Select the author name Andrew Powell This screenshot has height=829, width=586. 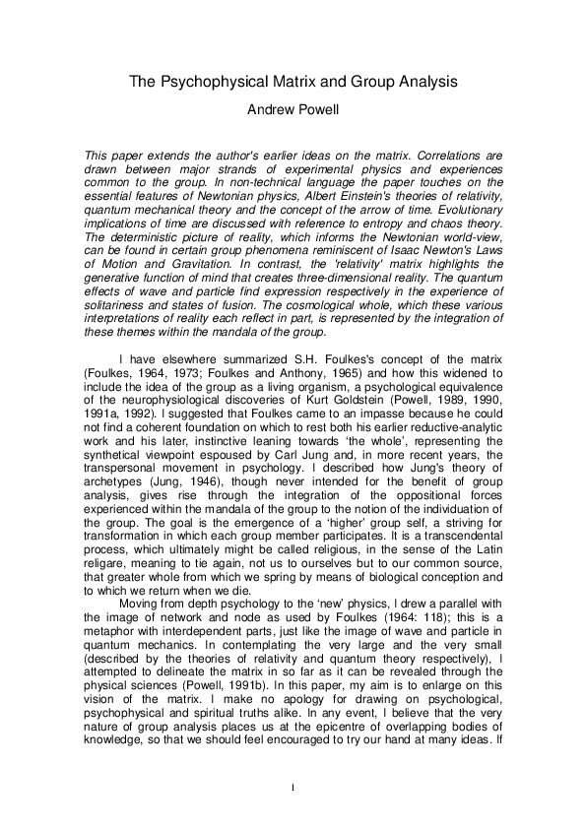coord(293,110)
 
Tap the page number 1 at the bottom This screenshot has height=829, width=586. coord(293,787)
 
